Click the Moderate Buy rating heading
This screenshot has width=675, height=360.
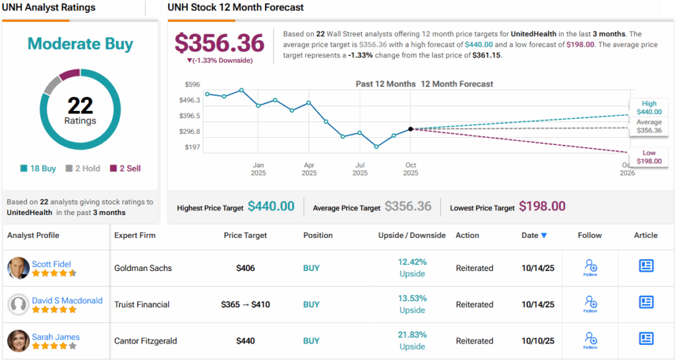coord(80,44)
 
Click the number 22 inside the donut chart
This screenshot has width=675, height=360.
coord(80,105)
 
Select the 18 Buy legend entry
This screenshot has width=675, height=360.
coord(38,168)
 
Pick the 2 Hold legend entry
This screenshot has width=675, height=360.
coord(83,168)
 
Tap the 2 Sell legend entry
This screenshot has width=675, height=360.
coord(125,168)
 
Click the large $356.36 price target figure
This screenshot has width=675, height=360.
coord(220,43)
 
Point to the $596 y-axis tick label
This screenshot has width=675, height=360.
coord(193,84)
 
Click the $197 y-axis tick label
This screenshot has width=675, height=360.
coord(193,147)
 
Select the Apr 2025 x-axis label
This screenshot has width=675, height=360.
coord(309,169)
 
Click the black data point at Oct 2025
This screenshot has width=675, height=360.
coord(411,129)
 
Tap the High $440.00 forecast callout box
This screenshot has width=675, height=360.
coord(649,107)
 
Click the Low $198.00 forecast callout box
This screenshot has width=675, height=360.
coord(649,157)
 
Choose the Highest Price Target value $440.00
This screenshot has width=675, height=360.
coord(271,206)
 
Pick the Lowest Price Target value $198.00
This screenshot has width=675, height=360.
coord(542,206)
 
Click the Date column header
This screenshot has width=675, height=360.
coord(534,235)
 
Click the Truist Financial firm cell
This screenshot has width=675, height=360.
coord(142,305)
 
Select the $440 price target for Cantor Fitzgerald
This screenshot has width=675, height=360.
coord(245,341)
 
